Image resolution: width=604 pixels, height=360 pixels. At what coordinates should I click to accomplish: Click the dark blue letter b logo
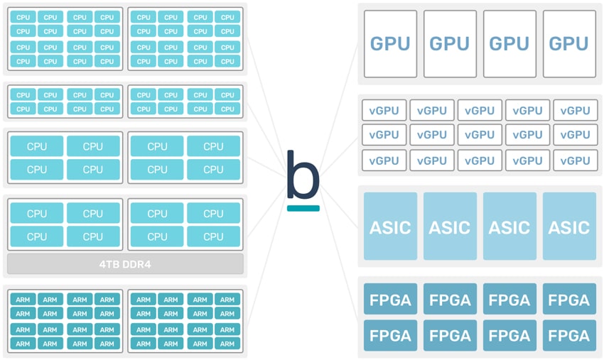pyautogui.click(x=303, y=175)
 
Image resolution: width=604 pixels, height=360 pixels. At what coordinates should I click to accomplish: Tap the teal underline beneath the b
pyautogui.click(x=303, y=208)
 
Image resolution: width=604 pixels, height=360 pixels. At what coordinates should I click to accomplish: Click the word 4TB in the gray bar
pyautogui.click(x=109, y=265)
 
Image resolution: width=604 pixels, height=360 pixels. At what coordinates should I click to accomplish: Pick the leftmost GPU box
pyautogui.click(x=390, y=44)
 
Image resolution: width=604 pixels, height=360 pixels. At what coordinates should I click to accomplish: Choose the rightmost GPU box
pyautogui.click(x=569, y=44)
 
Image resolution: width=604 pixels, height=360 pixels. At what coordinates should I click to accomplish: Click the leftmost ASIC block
pyautogui.click(x=390, y=227)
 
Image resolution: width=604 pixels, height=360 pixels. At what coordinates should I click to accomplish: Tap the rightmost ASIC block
pyautogui.click(x=569, y=227)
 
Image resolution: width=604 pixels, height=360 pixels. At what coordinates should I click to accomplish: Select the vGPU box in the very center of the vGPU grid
pyautogui.click(x=480, y=135)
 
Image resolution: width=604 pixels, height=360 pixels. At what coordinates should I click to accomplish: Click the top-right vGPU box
pyautogui.click(x=575, y=111)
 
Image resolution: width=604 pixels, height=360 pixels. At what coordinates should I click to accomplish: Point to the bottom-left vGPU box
pyautogui.click(x=384, y=160)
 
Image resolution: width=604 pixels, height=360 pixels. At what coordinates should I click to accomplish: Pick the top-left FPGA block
pyautogui.click(x=390, y=299)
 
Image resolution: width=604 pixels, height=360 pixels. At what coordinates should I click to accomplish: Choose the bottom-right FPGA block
pyautogui.click(x=569, y=335)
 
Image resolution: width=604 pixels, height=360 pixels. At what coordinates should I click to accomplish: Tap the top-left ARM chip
pyautogui.click(x=23, y=300)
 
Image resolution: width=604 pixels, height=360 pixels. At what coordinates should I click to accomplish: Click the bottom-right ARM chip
pyautogui.click(x=227, y=344)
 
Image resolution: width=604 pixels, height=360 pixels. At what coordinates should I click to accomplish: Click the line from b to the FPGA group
pyautogui.click(x=340, y=253)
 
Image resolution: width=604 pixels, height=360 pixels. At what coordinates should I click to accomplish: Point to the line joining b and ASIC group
pyautogui.click(x=340, y=207)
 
